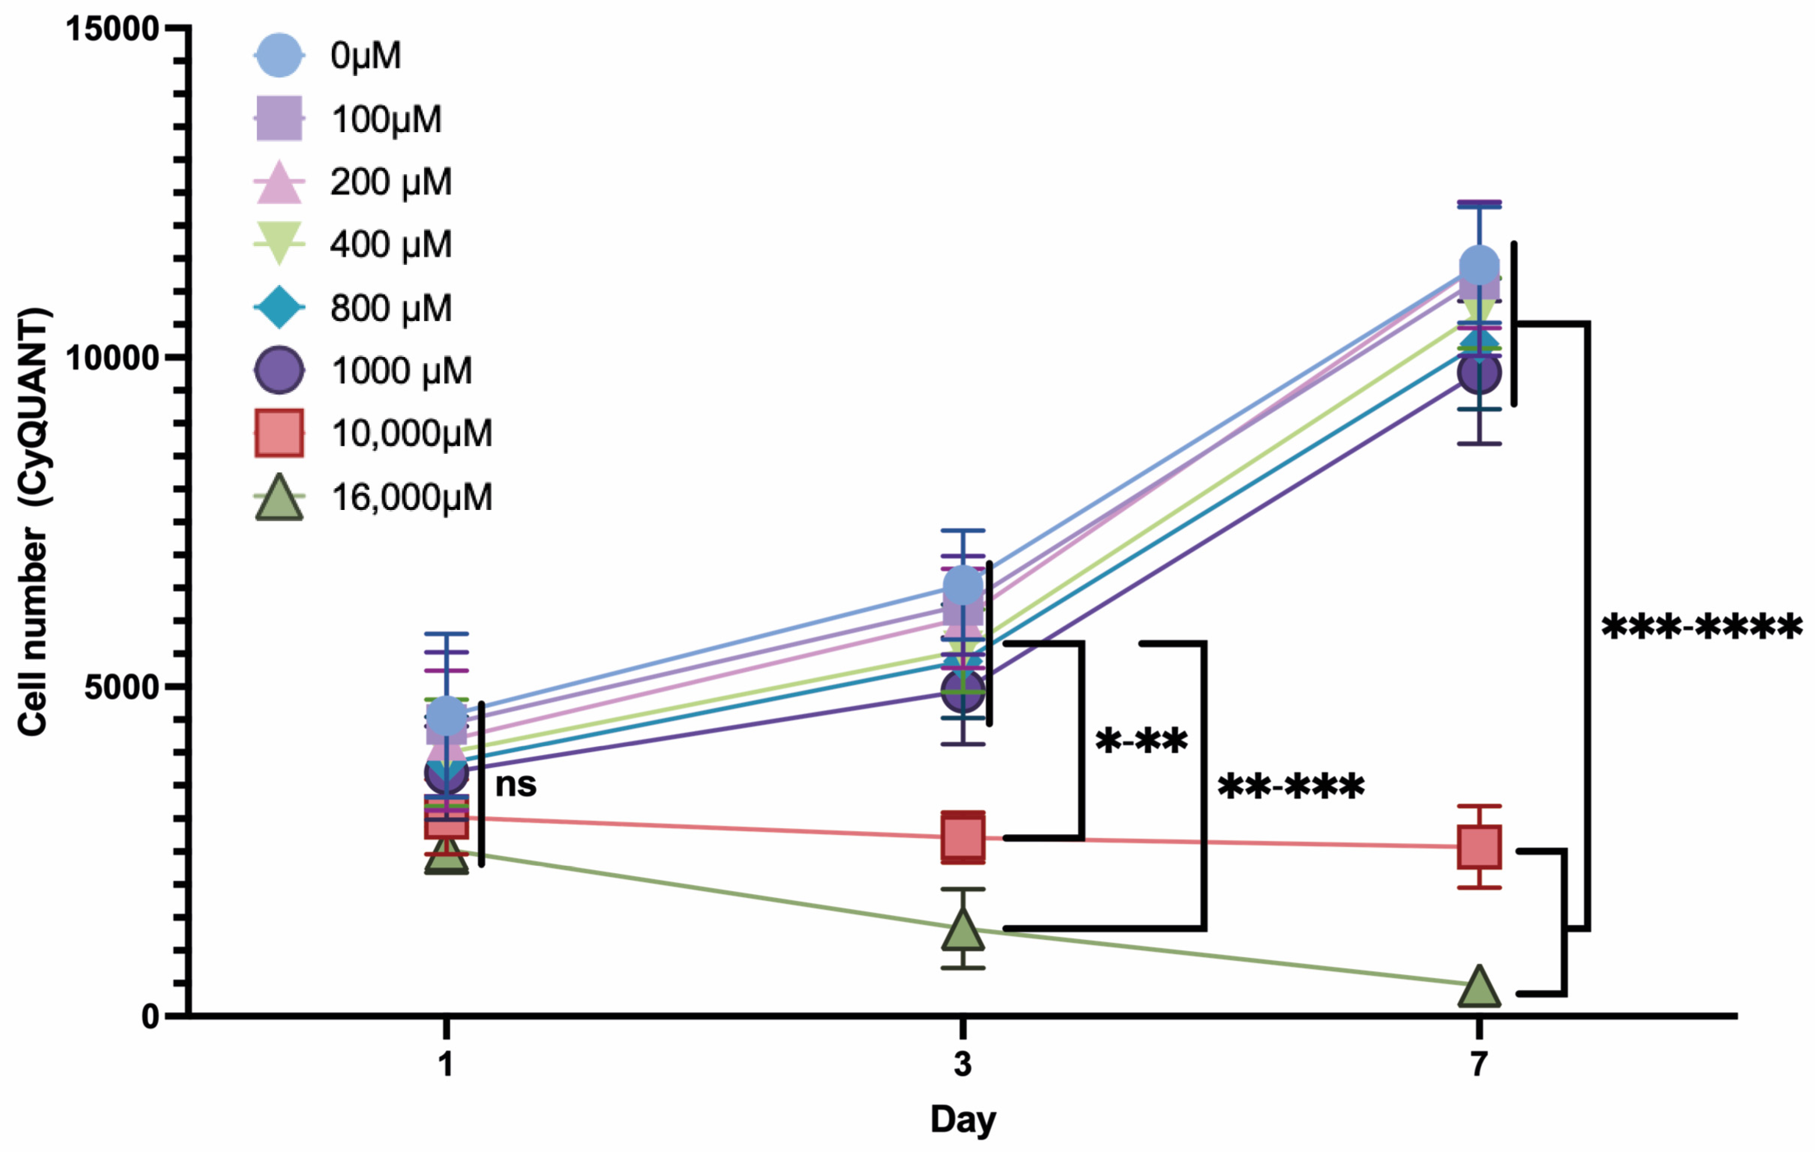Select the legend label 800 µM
[x=390, y=307]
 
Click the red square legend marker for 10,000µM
[x=279, y=433]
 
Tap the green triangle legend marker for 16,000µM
[x=279, y=498]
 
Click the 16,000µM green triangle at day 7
[x=1479, y=988]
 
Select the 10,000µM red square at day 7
[x=1479, y=847]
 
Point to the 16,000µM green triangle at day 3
[x=963, y=930]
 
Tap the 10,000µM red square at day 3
[x=963, y=837]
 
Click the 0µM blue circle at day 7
[x=1479, y=266]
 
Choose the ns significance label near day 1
[x=516, y=785]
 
